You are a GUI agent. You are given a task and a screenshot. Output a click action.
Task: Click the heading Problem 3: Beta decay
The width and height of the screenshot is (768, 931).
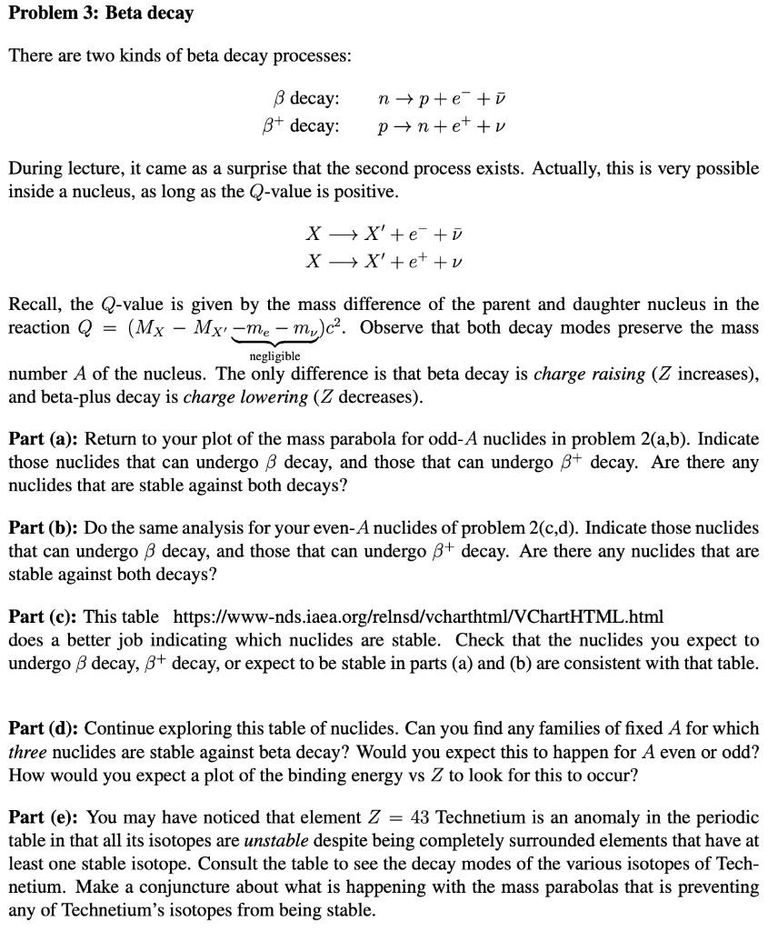(101, 15)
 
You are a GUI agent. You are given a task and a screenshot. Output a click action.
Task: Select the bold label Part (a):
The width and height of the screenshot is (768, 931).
(44, 438)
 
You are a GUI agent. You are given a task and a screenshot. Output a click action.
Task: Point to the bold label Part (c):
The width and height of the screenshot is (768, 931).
(44, 617)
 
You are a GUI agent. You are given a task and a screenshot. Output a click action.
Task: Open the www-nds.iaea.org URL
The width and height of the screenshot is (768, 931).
(417, 617)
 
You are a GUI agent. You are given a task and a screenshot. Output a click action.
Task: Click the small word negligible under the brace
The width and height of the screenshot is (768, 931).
(274, 357)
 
